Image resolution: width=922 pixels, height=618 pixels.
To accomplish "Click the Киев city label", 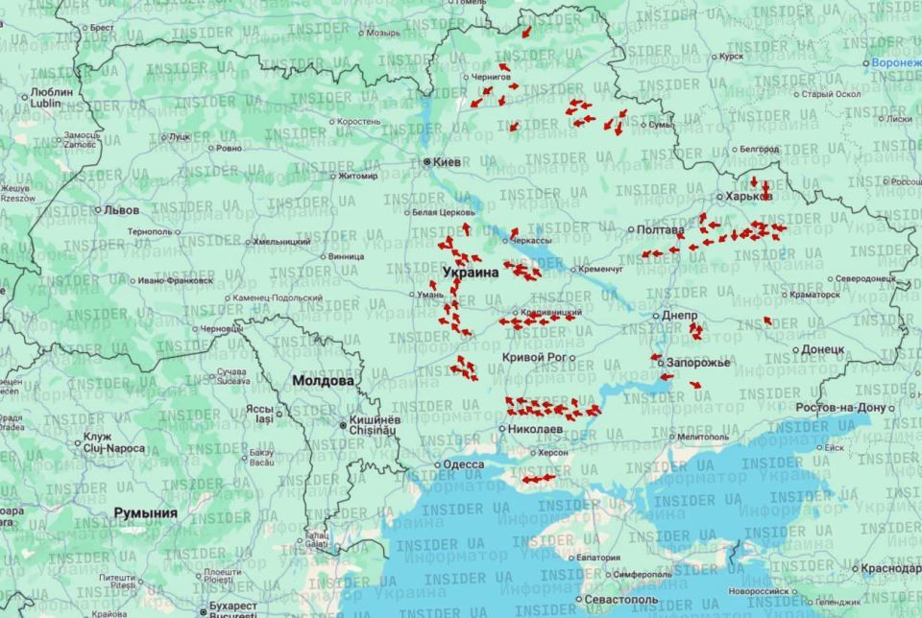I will point(447,162).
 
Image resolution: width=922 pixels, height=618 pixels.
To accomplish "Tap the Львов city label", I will point(121,209).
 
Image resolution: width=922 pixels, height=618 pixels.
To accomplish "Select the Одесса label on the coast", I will point(463,465).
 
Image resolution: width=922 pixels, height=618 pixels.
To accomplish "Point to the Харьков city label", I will point(749,196).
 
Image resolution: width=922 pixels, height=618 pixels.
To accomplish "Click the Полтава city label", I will point(661,230).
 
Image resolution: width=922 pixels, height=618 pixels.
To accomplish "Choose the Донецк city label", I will point(822,349).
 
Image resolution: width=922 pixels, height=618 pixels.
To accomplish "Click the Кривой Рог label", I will point(534,357).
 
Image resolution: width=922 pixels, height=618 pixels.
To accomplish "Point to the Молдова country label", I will point(323,381).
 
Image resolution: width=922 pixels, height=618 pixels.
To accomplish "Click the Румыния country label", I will point(146,513).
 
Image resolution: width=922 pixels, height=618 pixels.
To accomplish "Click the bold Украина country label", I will point(471,273).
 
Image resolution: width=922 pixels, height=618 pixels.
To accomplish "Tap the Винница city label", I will point(346,256).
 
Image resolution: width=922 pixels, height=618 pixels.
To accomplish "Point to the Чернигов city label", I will point(492,77).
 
